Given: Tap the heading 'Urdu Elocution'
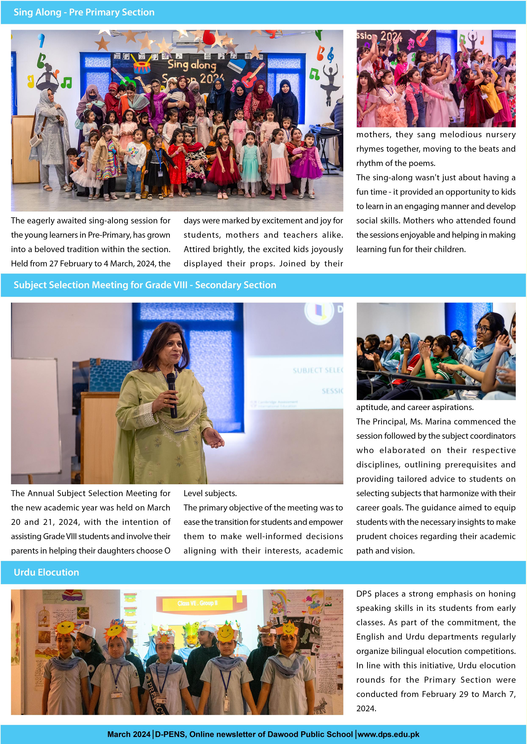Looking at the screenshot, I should click(x=46, y=572).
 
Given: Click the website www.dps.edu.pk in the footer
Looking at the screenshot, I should click(x=389, y=734).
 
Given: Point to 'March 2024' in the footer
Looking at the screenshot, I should click(x=129, y=734).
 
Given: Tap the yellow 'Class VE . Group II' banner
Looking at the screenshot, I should click(x=197, y=603).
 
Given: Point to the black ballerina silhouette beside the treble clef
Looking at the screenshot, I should click(x=330, y=84).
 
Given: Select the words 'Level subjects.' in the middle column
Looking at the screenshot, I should click(x=210, y=493).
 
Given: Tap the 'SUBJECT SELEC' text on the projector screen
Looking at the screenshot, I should click(x=317, y=370).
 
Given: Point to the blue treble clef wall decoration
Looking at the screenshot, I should click(x=331, y=55).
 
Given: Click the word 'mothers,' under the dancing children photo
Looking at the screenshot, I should click(x=374, y=135).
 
